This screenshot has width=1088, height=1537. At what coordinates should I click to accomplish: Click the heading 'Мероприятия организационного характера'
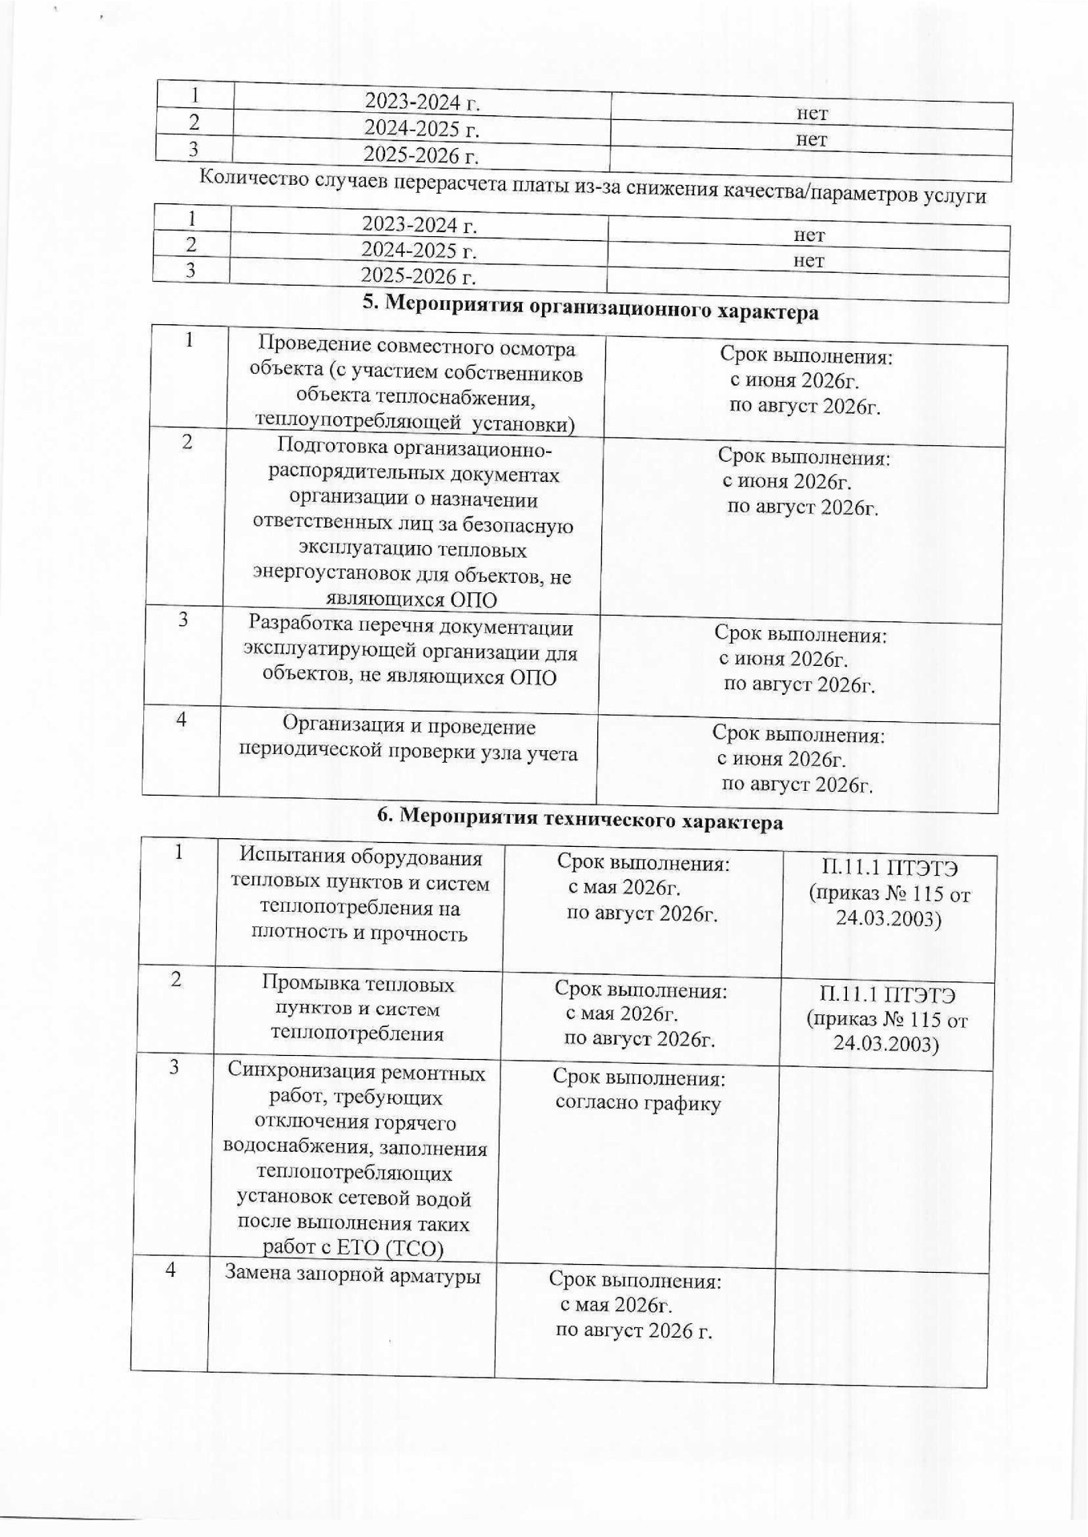coord(591,307)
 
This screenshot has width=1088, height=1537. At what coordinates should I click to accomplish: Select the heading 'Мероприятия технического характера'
coord(580,818)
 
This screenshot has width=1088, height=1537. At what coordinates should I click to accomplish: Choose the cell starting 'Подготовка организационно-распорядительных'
coord(413,524)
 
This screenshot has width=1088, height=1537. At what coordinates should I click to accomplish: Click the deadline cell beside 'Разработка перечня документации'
coord(799,660)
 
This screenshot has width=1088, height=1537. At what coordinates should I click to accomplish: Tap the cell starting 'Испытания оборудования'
coord(360,895)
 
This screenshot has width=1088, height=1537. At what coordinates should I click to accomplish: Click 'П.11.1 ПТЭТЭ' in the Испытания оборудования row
coord(889,868)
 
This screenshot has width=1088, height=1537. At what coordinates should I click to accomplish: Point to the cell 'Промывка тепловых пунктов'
coord(357,1009)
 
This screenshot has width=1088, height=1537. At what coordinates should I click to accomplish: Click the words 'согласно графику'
coord(638,1104)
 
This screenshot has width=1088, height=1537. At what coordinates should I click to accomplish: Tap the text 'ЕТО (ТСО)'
coord(402,1248)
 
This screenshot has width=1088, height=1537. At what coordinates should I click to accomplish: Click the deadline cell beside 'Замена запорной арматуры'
coord(634,1306)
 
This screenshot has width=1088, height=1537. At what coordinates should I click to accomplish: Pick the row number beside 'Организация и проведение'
coord(182,720)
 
